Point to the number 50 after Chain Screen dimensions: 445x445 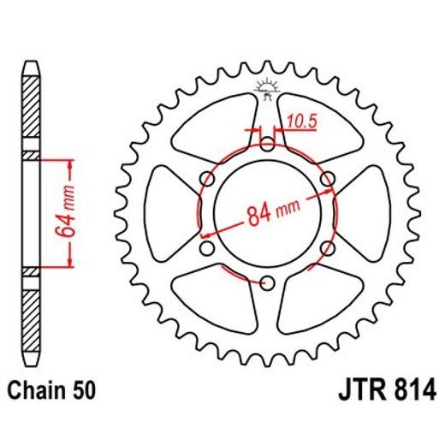tap(83, 392)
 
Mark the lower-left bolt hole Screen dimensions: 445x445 tap(205, 248)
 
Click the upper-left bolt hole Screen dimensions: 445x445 tap(205, 178)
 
